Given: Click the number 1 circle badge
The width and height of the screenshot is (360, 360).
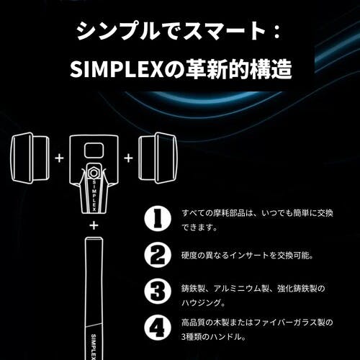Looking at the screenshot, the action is pos(158,219).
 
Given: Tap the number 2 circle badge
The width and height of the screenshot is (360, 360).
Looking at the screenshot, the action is pos(158,255).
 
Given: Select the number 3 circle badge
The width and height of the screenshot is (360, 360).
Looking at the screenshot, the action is pos(158,291).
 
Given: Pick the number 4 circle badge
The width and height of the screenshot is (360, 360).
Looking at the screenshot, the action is pos(158,327).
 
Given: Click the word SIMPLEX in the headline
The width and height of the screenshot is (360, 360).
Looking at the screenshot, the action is pos(117,69).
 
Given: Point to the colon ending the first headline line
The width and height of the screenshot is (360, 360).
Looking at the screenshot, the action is pos(277,32).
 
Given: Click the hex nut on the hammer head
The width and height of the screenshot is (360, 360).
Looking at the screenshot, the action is pos(94,172).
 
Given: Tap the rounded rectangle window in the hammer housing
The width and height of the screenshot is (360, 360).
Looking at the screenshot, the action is pos(94,150).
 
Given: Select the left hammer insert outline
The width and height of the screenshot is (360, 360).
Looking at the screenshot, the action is pos(30,158).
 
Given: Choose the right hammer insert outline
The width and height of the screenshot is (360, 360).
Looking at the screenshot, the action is pos(158,158).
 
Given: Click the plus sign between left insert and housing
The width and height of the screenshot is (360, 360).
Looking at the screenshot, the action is pos(59,158).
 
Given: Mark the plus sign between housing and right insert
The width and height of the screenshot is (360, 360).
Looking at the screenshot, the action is pos(128,158).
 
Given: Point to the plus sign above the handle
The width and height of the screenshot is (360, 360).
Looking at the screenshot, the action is pos(94,225).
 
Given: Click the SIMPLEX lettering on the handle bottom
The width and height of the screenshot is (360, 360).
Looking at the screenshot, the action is pos(94,347).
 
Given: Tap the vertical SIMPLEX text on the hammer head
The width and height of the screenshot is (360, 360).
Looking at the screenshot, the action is pos(94,195).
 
